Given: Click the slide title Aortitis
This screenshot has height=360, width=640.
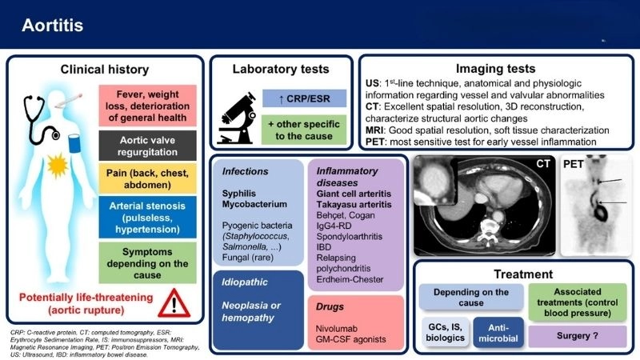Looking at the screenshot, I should (x=49, y=26).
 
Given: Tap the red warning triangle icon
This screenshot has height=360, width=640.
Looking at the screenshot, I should (x=178, y=303).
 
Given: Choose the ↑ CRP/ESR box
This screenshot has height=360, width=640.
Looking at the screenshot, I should (x=303, y=98).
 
